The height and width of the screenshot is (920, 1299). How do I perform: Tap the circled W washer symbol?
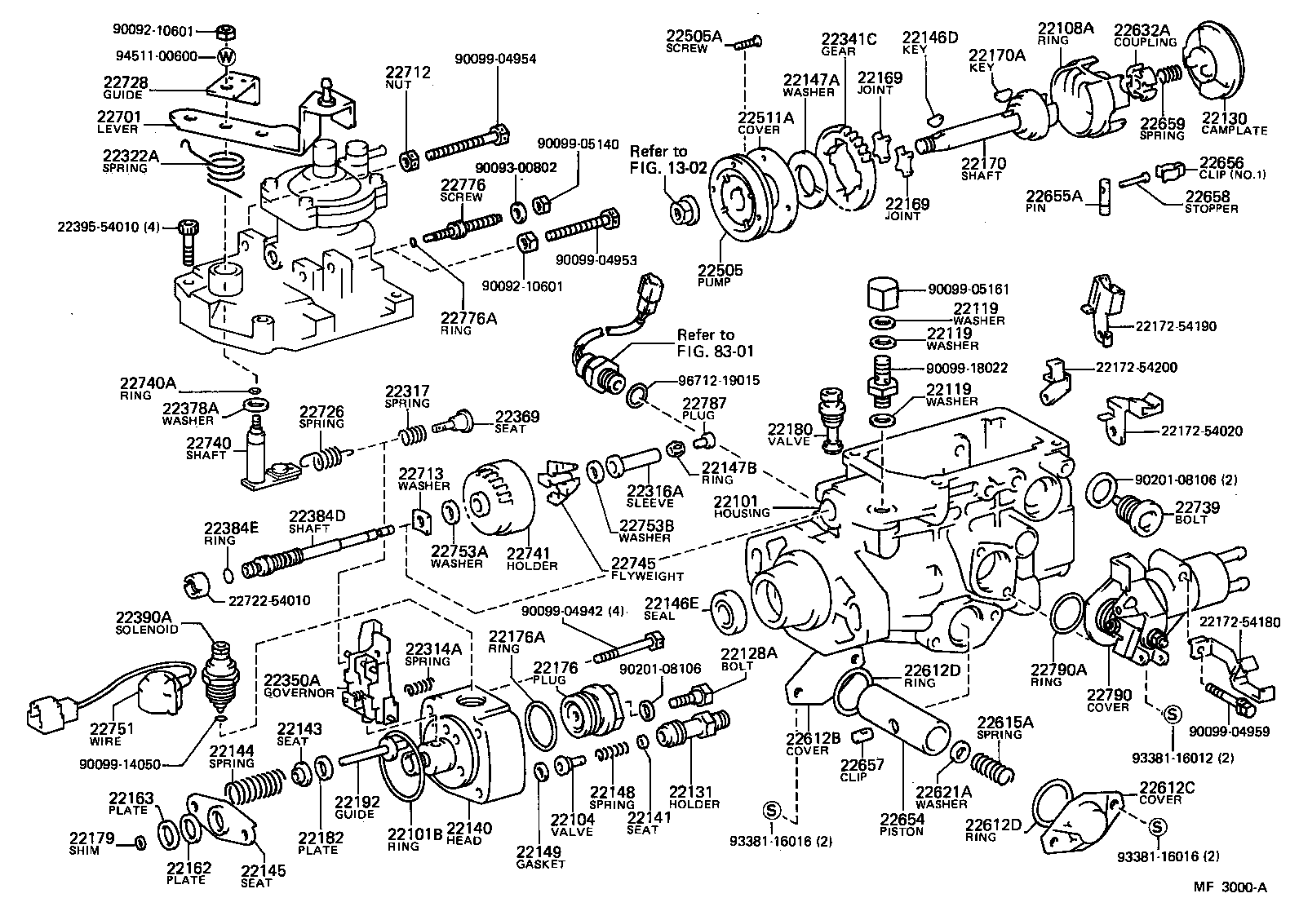coord(227,56)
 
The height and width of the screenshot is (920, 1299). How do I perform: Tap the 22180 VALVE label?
coord(789,434)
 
